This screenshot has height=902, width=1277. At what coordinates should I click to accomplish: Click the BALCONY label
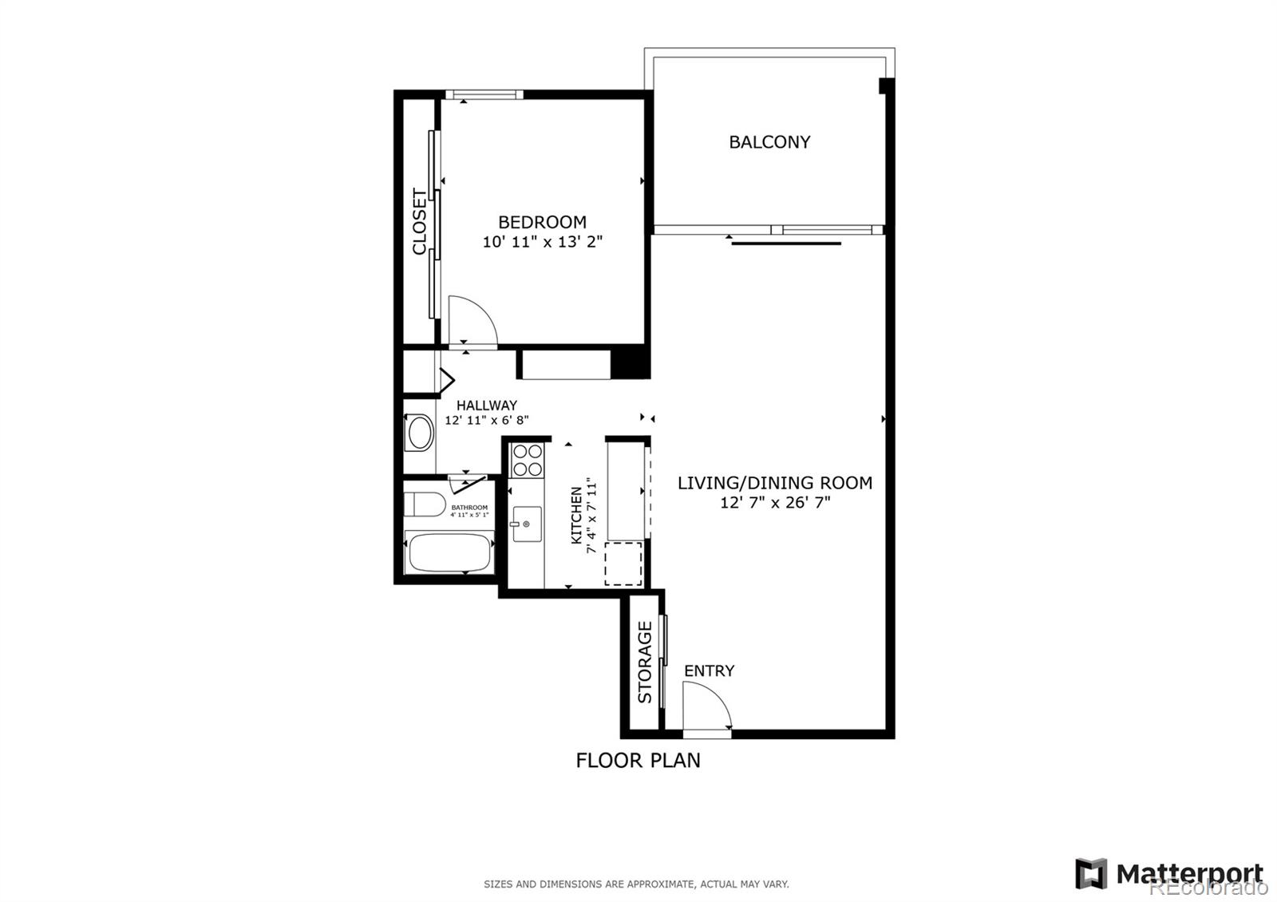[x=769, y=142]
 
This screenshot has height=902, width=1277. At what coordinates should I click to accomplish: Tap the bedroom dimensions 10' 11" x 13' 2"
[x=542, y=242]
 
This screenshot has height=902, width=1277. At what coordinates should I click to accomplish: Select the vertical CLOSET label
[x=420, y=222]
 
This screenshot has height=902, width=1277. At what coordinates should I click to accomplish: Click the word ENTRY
[x=709, y=671]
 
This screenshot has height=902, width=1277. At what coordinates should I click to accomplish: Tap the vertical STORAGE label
[x=645, y=662]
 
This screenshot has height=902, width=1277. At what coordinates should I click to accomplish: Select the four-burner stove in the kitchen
[x=527, y=460]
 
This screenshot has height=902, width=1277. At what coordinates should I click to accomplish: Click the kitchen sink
[x=527, y=524]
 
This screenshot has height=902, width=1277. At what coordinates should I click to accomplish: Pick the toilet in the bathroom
[x=424, y=504]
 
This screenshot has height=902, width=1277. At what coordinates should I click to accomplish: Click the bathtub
[x=448, y=553]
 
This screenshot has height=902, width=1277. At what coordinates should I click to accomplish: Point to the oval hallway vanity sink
[x=420, y=433]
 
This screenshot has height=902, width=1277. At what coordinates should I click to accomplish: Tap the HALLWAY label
[x=486, y=406]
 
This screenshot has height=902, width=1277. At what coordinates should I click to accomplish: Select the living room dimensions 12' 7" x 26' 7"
[x=774, y=503]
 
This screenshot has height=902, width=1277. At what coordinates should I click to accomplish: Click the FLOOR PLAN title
[x=638, y=760]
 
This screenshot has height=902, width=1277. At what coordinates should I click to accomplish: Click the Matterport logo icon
[x=1090, y=873]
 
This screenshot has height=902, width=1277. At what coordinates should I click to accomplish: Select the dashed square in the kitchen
[x=623, y=563]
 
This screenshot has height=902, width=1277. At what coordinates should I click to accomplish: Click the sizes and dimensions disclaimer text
[x=636, y=884]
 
